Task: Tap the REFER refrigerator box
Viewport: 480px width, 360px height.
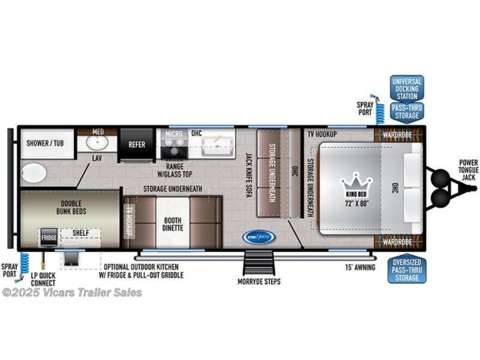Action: pos(137,146)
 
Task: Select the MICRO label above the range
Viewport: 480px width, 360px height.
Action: pos(174,135)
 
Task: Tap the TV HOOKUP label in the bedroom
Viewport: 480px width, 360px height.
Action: pos(322,135)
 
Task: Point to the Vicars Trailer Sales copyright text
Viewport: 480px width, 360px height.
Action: pos(72,293)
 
